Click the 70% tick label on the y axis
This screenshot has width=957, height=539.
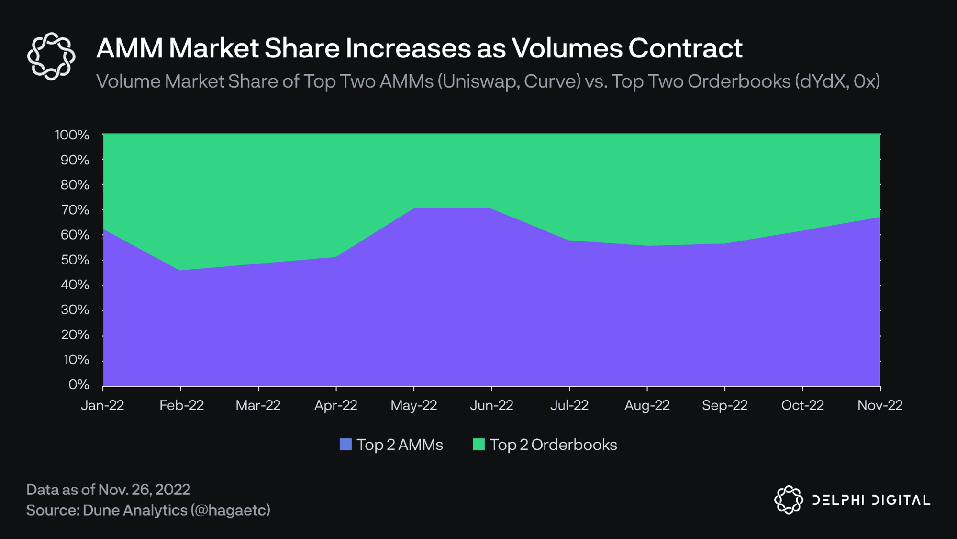point(75,210)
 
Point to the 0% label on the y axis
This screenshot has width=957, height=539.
point(78,384)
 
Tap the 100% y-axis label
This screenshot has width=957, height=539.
point(72,135)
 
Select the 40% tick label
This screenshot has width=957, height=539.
point(75,285)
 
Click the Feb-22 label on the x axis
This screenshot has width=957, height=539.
point(181,405)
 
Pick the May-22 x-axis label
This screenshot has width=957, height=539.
point(414,405)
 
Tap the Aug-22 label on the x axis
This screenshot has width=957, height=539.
point(647,405)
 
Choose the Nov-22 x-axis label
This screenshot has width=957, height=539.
point(880,405)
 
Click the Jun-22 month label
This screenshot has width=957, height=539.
point(491,405)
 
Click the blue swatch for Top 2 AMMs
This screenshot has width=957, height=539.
point(345,445)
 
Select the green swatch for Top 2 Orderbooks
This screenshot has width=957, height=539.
point(478,445)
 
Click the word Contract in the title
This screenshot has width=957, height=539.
point(685,48)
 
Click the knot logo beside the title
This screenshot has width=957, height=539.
point(51,56)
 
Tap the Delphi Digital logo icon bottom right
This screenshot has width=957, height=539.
point(789,500)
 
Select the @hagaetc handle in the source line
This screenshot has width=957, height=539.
point(231,510)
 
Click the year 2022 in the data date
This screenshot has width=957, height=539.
point(173,490)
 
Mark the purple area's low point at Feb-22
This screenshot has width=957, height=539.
point(180,270)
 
